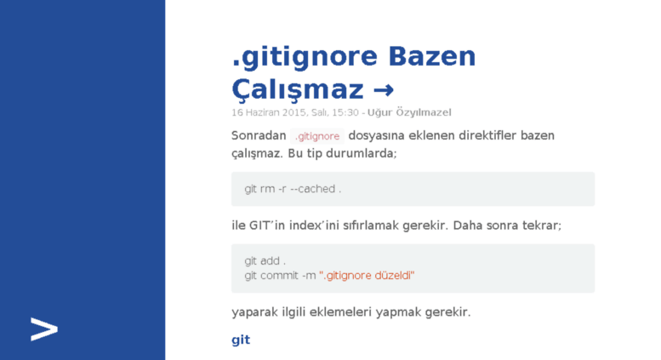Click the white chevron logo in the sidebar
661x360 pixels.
[x=44, y=329]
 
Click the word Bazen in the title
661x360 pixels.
[x=431, y=56]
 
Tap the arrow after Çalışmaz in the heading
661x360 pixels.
[x=384, y=90]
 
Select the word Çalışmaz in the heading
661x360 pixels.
[x=298, y=89]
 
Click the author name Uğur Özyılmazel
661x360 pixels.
[x=409, y=112]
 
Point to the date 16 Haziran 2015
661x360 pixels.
[x=270, y=112]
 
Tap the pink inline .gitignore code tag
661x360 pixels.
[x=317, y=136]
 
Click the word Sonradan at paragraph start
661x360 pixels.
[x=259, y=135]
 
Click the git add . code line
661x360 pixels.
[x=265, y=261]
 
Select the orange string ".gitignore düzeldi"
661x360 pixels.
[x=367, y=276]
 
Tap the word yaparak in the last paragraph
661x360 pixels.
[x=254, y=312]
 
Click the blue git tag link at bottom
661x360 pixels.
[x=241, y=340]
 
